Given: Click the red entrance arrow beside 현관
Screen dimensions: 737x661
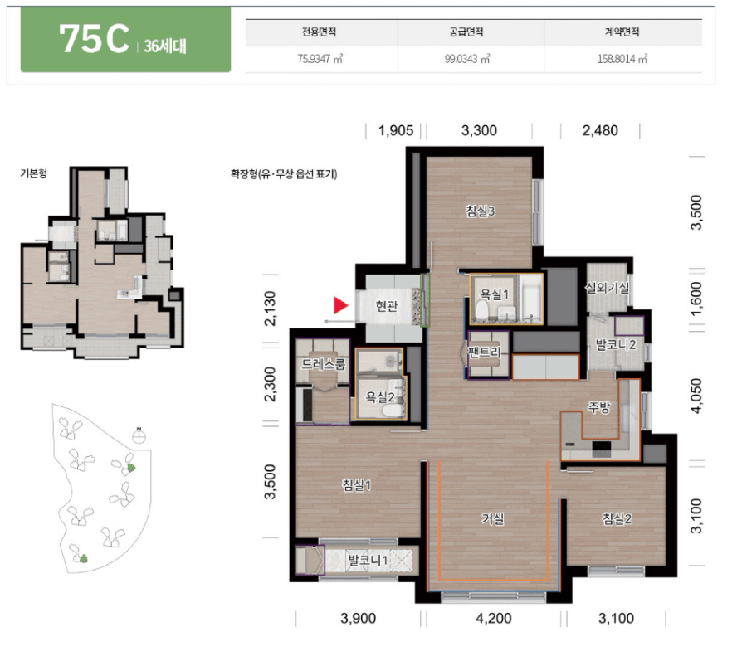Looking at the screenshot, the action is (340, 305).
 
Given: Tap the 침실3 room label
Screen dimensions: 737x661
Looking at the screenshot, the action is (480, 211).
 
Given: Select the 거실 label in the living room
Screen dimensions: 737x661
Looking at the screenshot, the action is (493, 518).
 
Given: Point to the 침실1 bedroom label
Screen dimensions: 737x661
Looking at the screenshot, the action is (357, 485).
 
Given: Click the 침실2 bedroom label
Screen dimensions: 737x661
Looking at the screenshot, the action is (617, 518).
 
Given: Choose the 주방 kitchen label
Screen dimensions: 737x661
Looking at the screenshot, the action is (599, 407).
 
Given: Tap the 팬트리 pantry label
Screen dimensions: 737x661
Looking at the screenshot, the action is (485, 352).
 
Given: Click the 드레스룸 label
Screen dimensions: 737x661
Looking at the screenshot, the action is (323, 363).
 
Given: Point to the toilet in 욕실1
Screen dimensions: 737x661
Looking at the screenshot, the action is (481, 310).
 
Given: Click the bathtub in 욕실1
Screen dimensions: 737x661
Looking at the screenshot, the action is (530, 299).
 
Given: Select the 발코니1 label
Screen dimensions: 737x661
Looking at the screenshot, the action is (368, 560).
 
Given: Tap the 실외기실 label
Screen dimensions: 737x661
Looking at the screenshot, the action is (607, 288).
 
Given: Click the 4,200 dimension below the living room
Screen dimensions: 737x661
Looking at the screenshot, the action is (494, 618).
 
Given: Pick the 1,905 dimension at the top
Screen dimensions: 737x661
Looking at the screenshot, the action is (396, 130).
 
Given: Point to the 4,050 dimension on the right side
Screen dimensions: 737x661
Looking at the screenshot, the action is (696, 396).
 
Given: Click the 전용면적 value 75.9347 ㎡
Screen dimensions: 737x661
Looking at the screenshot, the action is (320, 59).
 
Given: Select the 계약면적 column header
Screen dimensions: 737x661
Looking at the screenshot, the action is (622, 32).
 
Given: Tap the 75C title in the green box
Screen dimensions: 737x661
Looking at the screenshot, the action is (94, 39).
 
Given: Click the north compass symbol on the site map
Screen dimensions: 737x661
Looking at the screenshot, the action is (139, 436).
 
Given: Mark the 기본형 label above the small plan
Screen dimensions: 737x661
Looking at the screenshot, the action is (33, 173).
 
